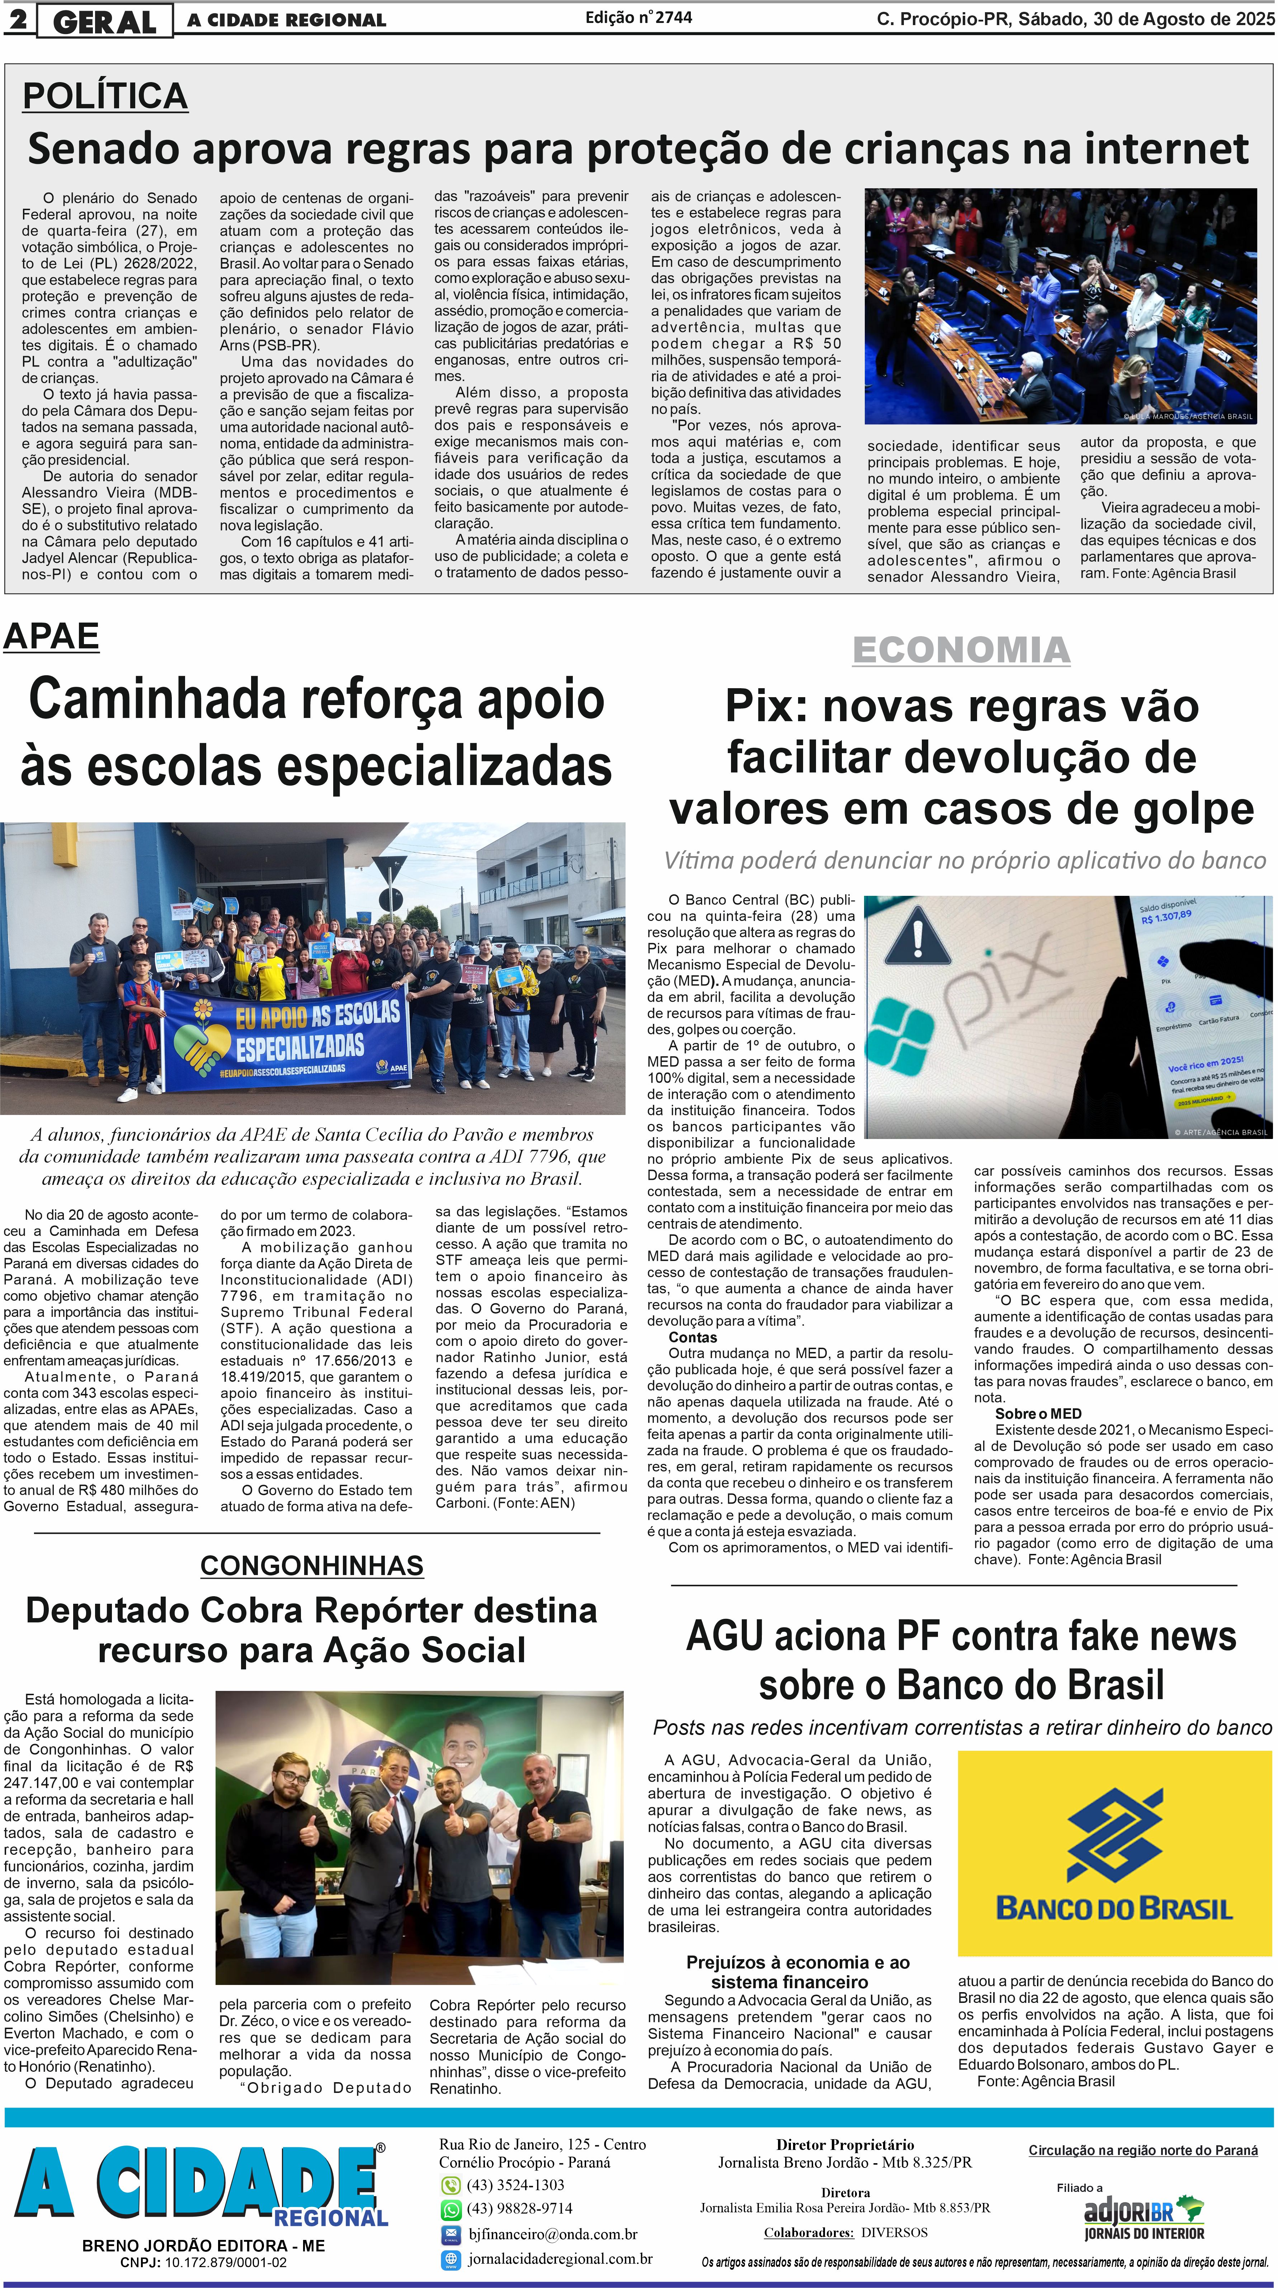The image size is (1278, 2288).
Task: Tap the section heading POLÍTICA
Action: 105,96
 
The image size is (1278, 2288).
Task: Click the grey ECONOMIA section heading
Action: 961,649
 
